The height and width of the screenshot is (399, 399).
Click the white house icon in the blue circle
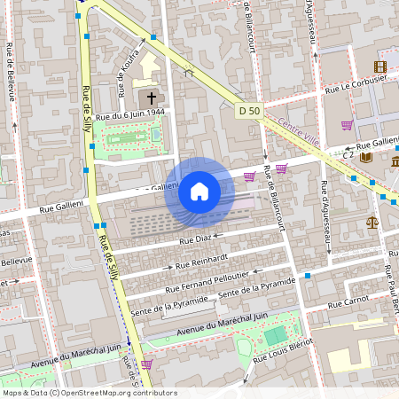click(199, 191)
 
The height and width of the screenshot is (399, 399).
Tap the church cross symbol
click(152, 98)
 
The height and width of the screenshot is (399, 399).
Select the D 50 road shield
click(249, 111)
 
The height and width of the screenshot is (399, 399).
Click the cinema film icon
click(380, 66)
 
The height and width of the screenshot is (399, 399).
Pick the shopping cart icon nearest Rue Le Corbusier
click(347, 124)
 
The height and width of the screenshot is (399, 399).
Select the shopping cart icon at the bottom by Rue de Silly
click(146, 364)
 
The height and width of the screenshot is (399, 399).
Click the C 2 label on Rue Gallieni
click(348, 153)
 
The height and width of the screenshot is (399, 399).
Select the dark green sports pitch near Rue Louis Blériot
click(276, 335)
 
